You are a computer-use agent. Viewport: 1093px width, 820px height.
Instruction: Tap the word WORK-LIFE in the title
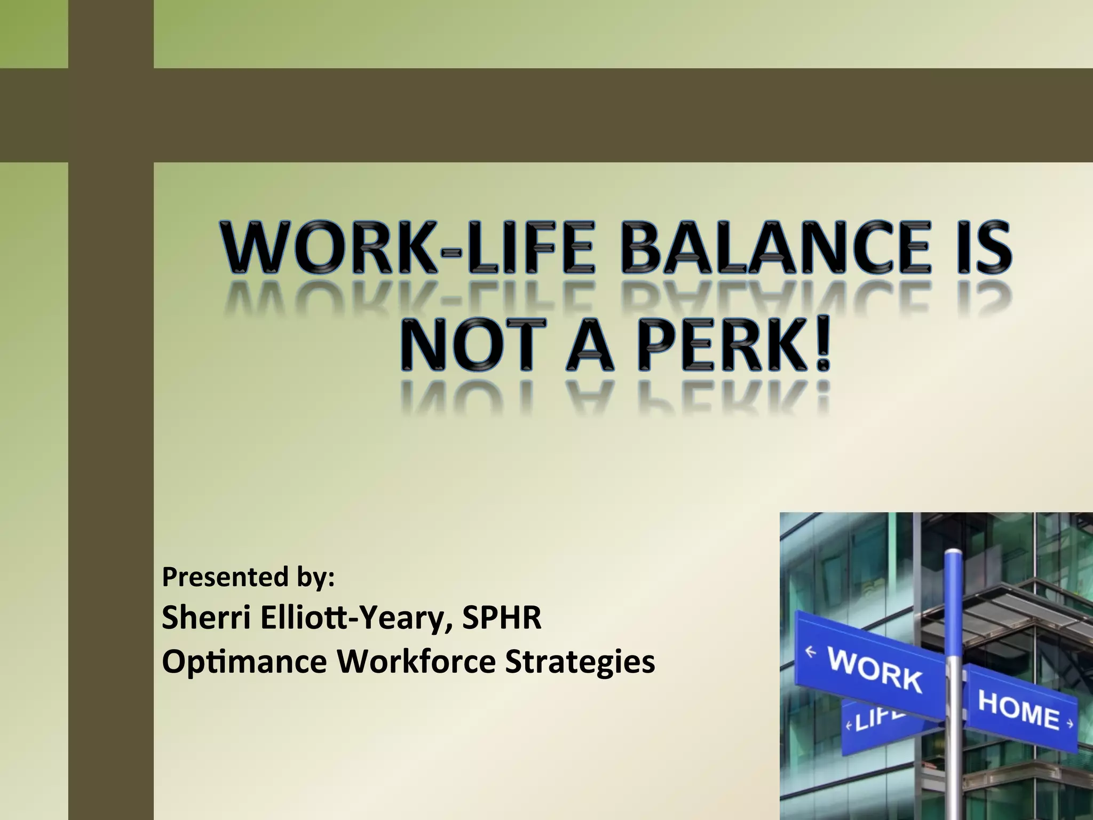[408, 248]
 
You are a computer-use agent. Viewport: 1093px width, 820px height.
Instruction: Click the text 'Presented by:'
[248, 577]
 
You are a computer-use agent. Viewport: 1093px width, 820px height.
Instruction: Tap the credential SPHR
[502, 618]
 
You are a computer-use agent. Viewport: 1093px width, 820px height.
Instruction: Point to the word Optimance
[244, 662]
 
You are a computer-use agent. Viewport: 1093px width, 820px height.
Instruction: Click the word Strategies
[580, 662]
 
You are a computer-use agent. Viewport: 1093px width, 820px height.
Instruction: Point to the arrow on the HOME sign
[1069, 724]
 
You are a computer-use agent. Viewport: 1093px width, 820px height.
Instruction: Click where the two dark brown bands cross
[111, 115]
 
